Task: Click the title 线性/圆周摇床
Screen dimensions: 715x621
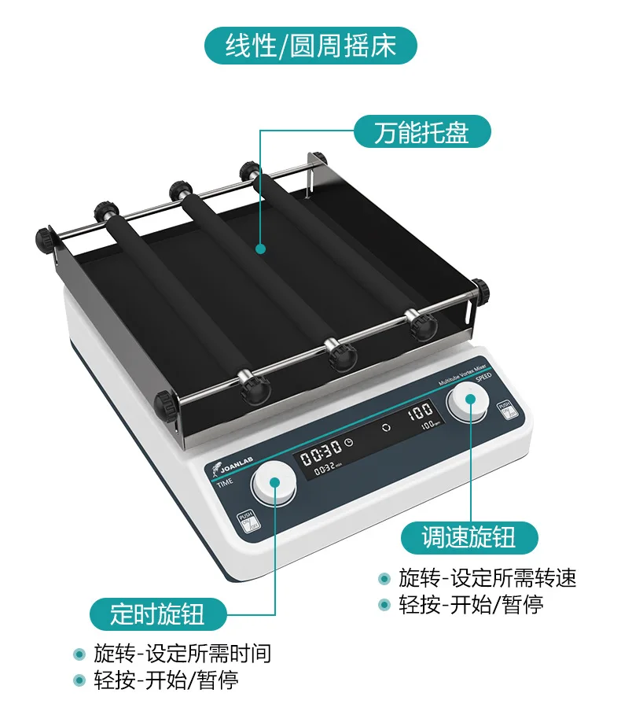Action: click(310, 46)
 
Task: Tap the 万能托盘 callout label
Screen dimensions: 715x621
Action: click(421, 131)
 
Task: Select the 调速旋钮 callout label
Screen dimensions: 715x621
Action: click(469, 537)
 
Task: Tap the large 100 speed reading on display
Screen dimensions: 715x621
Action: click(420, 410)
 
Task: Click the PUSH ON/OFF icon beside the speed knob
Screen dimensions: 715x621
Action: click(507, 409)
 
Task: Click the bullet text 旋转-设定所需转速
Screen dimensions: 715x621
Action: click(487, 578)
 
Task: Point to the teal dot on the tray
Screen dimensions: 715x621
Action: click(260, 249)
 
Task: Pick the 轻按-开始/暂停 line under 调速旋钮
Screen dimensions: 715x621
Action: click(471, 604)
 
